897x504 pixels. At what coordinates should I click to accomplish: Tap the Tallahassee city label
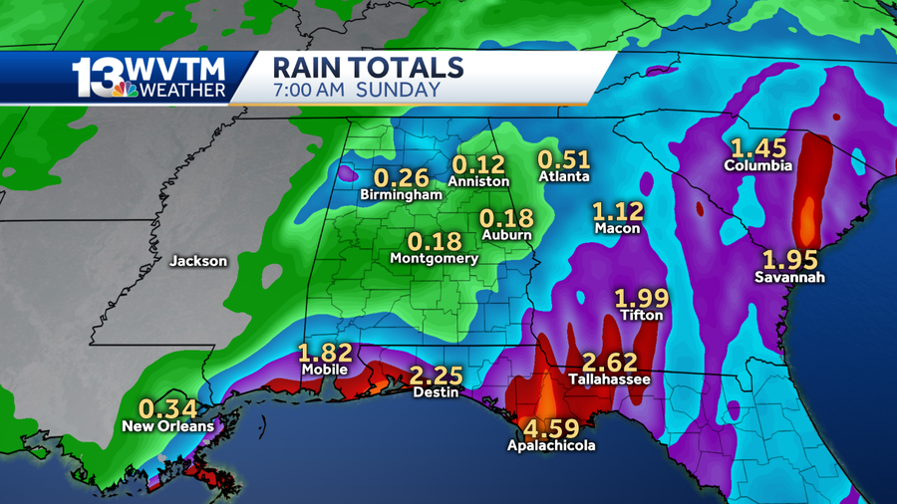[x=609, y=379]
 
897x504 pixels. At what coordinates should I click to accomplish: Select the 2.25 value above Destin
[x=435, y=375]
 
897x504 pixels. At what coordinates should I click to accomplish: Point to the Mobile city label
[x=325, y=370]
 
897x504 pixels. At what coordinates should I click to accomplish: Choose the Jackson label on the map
[x=198, y=262]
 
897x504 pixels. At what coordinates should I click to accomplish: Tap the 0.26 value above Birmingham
[x=401, y=178]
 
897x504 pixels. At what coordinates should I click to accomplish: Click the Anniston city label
[x=478, y=181]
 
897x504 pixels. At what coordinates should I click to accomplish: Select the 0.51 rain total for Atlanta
[x=564, y=158]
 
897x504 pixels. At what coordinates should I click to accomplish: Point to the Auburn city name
[x=506, y=236]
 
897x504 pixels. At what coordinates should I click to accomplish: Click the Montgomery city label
[x=435, y=258]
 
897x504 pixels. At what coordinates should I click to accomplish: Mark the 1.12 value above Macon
[x=618, y=211]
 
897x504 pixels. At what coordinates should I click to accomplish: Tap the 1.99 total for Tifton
[x=641, y=297]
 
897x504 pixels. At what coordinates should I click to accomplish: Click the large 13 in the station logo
[x=95, y=77]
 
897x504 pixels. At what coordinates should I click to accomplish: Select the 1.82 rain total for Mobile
[x=325, y=353]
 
